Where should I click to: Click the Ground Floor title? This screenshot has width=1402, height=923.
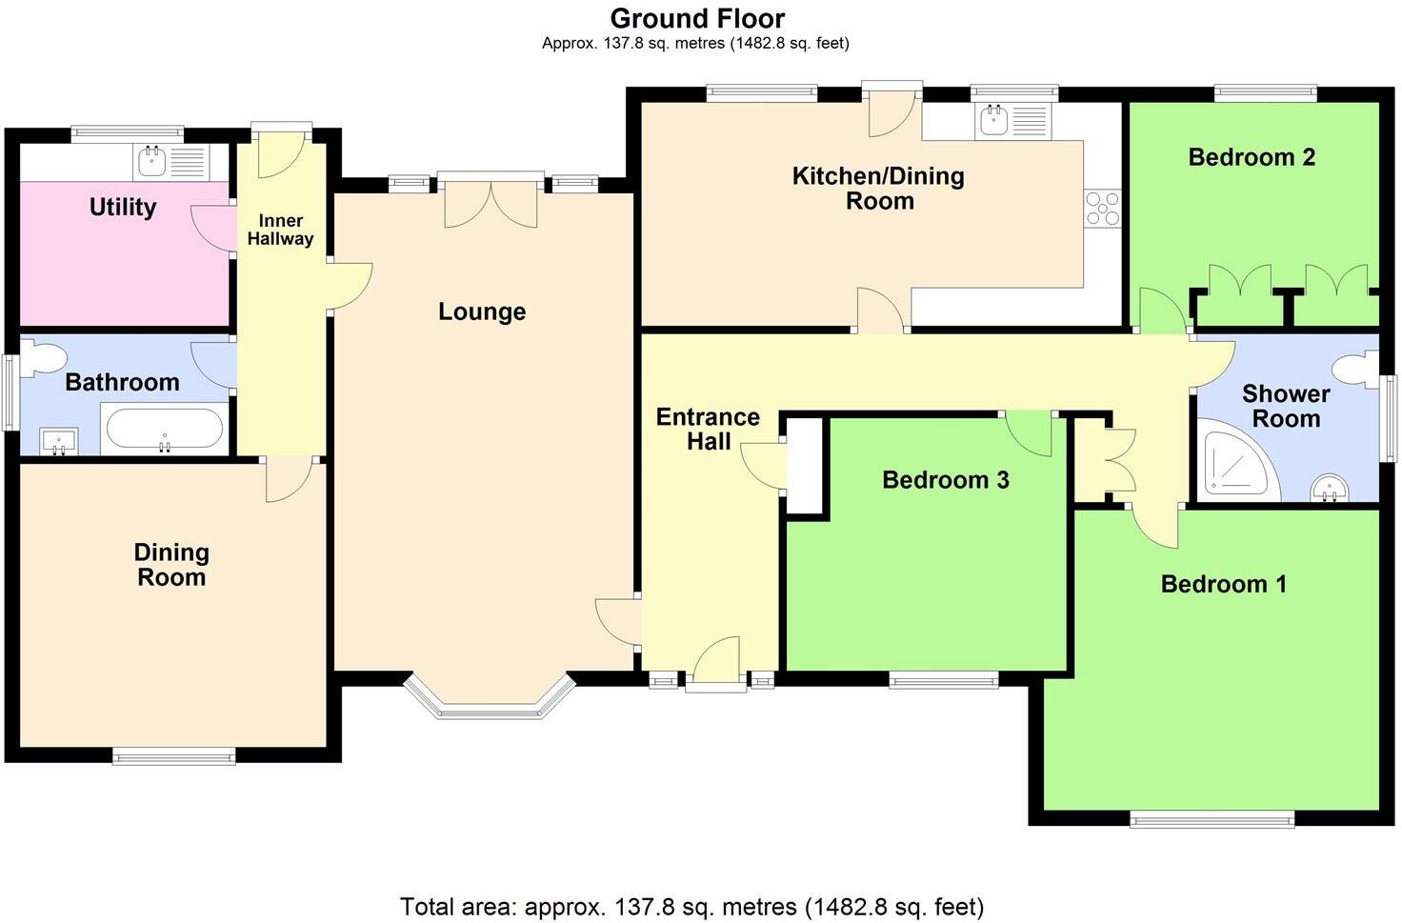pyautogui.click(x=697, y=18)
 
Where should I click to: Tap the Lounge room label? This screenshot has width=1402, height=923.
pyautogui.click(x=482, y=311)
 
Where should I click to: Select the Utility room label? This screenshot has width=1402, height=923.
pyautogui.click(x=122, y=207)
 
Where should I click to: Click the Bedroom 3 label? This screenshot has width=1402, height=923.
pyautogui.click(x=945, y=479)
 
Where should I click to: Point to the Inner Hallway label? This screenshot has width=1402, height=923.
pyautogui.click(x=280, y=230)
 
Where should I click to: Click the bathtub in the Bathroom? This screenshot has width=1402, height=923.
pyautogui.click(x=166, y=430)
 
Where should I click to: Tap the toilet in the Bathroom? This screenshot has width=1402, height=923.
pyautogui.click(x=42, y=357)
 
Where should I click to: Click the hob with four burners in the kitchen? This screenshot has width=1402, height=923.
pyautogui.click(x=1103, y=209)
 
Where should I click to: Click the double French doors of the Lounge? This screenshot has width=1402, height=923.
pyautogui.click(x=491, y=202)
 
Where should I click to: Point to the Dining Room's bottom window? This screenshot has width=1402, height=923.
pyautogui.click(x=173, y=756)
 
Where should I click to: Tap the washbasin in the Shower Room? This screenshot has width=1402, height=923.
pyautogui.click(x=1329, y=489)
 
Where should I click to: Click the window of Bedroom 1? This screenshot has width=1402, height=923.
pyautogui.click(x=1212, y=818)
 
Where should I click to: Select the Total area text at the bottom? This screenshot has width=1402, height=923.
pyautogui.click(x=691, y=906)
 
